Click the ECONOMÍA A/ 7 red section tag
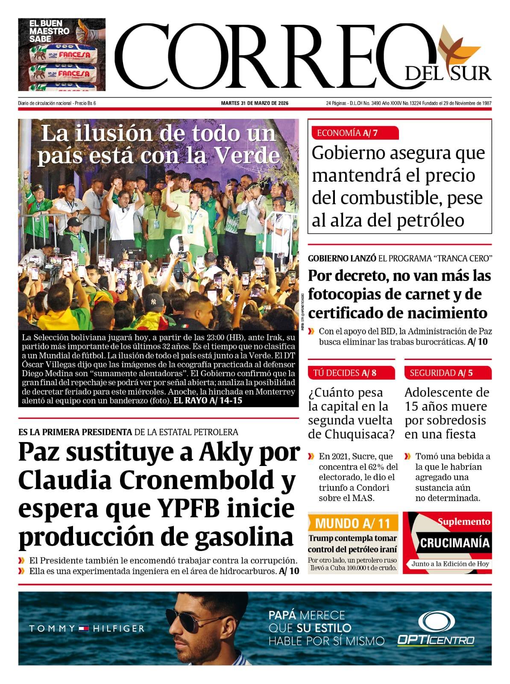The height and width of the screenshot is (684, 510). tap(347, 133)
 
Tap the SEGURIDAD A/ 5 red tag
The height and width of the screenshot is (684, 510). tap(441, 373)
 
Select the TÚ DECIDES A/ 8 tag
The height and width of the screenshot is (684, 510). tap(345, 373)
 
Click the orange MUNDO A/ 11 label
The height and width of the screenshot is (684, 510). tap(352, 523)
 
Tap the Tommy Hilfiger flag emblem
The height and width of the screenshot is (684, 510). tap(84, 628)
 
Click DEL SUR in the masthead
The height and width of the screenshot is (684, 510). tap(448, 74)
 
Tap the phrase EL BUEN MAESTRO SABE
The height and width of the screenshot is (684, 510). tap(49, 31)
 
